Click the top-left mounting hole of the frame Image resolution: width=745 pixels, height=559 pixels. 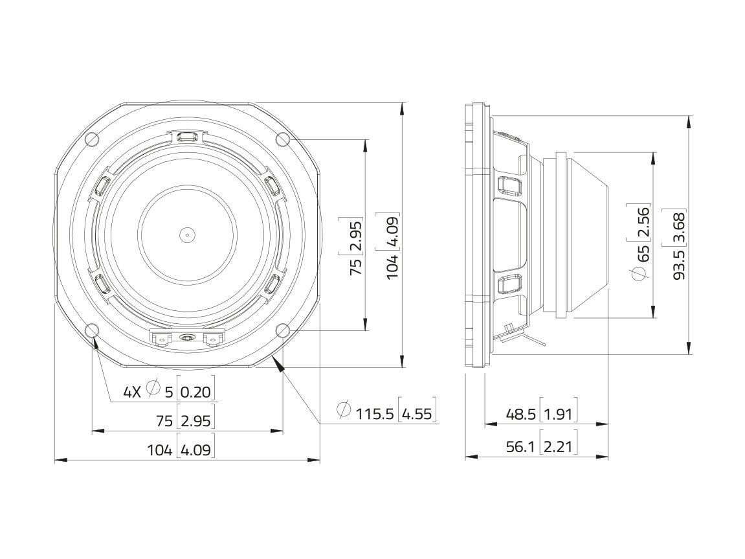click(92, 139)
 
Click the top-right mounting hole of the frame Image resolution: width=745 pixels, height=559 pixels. click(283, 139)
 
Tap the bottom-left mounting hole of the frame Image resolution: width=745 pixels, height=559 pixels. click(92, 330)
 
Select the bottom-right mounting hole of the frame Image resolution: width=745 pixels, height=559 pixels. click(283, 330)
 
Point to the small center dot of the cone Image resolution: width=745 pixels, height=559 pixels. click(187, 234)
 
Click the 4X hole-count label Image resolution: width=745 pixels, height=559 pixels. click(133, 392)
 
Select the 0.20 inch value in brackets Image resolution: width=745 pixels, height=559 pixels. click(195, 392)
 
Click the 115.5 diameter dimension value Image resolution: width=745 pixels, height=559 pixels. click(375, 414)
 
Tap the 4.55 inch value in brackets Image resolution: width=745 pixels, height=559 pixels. click(417, 414)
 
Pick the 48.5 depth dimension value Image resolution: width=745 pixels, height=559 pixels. click(521, 415)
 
